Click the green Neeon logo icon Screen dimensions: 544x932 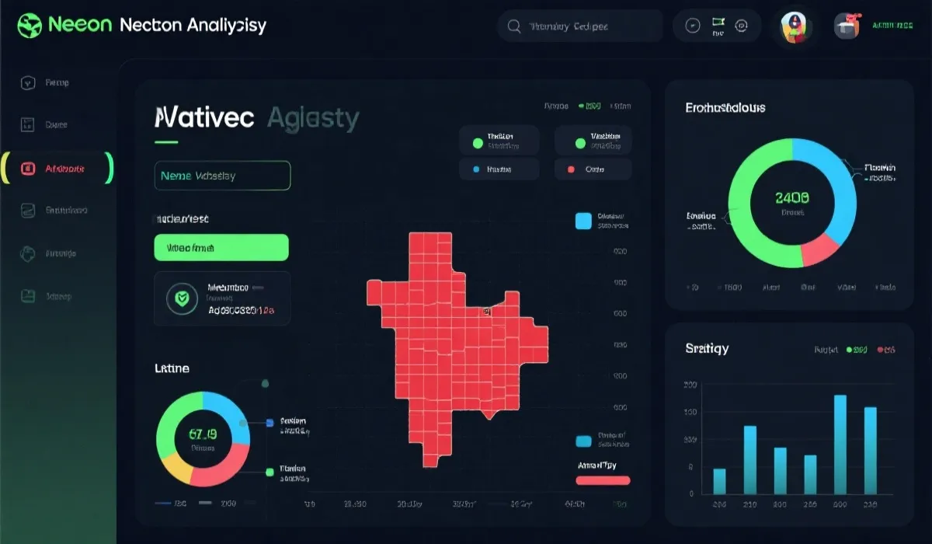pos(29,24)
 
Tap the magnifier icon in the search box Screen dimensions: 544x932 pos(513,26)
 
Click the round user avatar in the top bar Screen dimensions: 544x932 pos(796,26)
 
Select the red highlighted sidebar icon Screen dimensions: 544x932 pos(28,168)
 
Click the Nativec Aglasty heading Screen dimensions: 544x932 pos(257,118)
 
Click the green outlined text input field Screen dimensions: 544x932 pos(222,176)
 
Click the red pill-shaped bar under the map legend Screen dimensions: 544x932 pos(603,480)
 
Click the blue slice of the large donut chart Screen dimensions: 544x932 pos(835,187)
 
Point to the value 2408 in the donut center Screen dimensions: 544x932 pos(792,198)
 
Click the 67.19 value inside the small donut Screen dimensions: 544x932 pos(203,434)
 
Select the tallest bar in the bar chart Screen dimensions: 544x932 pos(840,445)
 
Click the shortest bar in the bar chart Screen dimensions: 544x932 pos(719,481)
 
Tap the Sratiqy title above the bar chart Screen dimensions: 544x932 pos(707,348)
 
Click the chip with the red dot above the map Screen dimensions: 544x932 pos(593,169)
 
